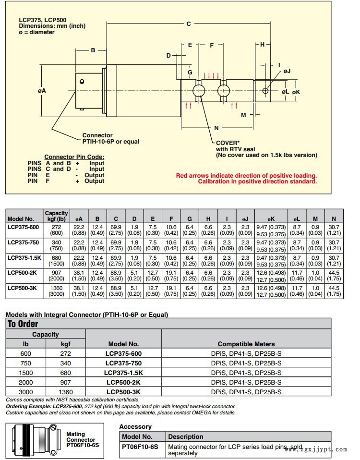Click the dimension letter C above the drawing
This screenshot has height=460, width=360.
click(189, 24)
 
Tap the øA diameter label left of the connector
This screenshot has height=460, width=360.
click(42, 91)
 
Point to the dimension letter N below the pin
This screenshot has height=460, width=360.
click(216, 128)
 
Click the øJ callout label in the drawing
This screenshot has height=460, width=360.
click(287, 71)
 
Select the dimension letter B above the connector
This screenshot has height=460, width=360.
click(93, 50)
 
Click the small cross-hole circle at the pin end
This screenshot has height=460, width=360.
click(265, 91)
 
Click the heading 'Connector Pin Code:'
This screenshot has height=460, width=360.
click(74, 157)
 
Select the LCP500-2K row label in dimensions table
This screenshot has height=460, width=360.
click(22, 273)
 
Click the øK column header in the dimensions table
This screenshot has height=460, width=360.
click(271, 219)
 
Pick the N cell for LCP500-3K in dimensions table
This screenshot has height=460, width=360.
click(334, 291)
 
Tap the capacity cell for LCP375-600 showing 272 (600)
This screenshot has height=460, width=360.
click(56, 230)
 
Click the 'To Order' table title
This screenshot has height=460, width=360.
click(23, 324)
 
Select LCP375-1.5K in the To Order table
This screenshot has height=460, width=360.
click(123, 373)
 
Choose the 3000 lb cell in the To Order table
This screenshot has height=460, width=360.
click(26, 392)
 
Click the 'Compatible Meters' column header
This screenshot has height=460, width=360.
click(246, 344)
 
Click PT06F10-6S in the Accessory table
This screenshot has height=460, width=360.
click(140, 447)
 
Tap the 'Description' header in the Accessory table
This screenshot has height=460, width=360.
click(186, 436)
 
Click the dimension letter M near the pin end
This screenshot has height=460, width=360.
click(243, 115)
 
